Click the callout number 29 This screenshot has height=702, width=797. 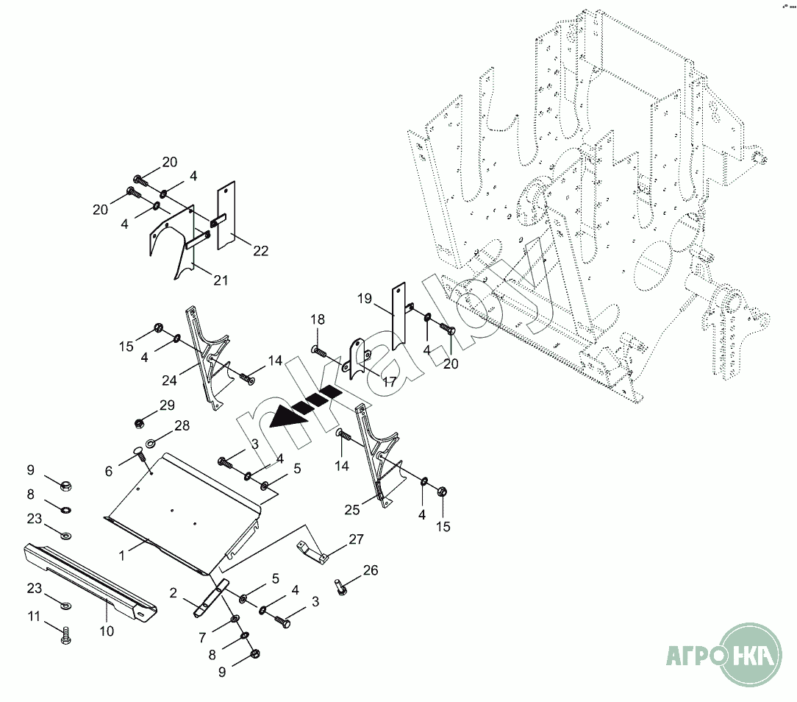click(168, 405)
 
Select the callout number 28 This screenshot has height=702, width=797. click(182, 425)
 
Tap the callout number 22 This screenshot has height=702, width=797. click(260, 251)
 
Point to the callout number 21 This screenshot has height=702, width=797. click(221, 280)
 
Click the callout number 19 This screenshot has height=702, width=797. click(365, 299)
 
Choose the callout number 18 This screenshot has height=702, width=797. click(317, 319)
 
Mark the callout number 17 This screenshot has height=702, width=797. click(389, 382)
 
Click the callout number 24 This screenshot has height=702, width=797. click(171, 380)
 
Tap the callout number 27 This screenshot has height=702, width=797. click(357, 539)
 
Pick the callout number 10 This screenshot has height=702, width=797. click(107, 631)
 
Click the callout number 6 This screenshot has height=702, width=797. click(109, 471)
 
